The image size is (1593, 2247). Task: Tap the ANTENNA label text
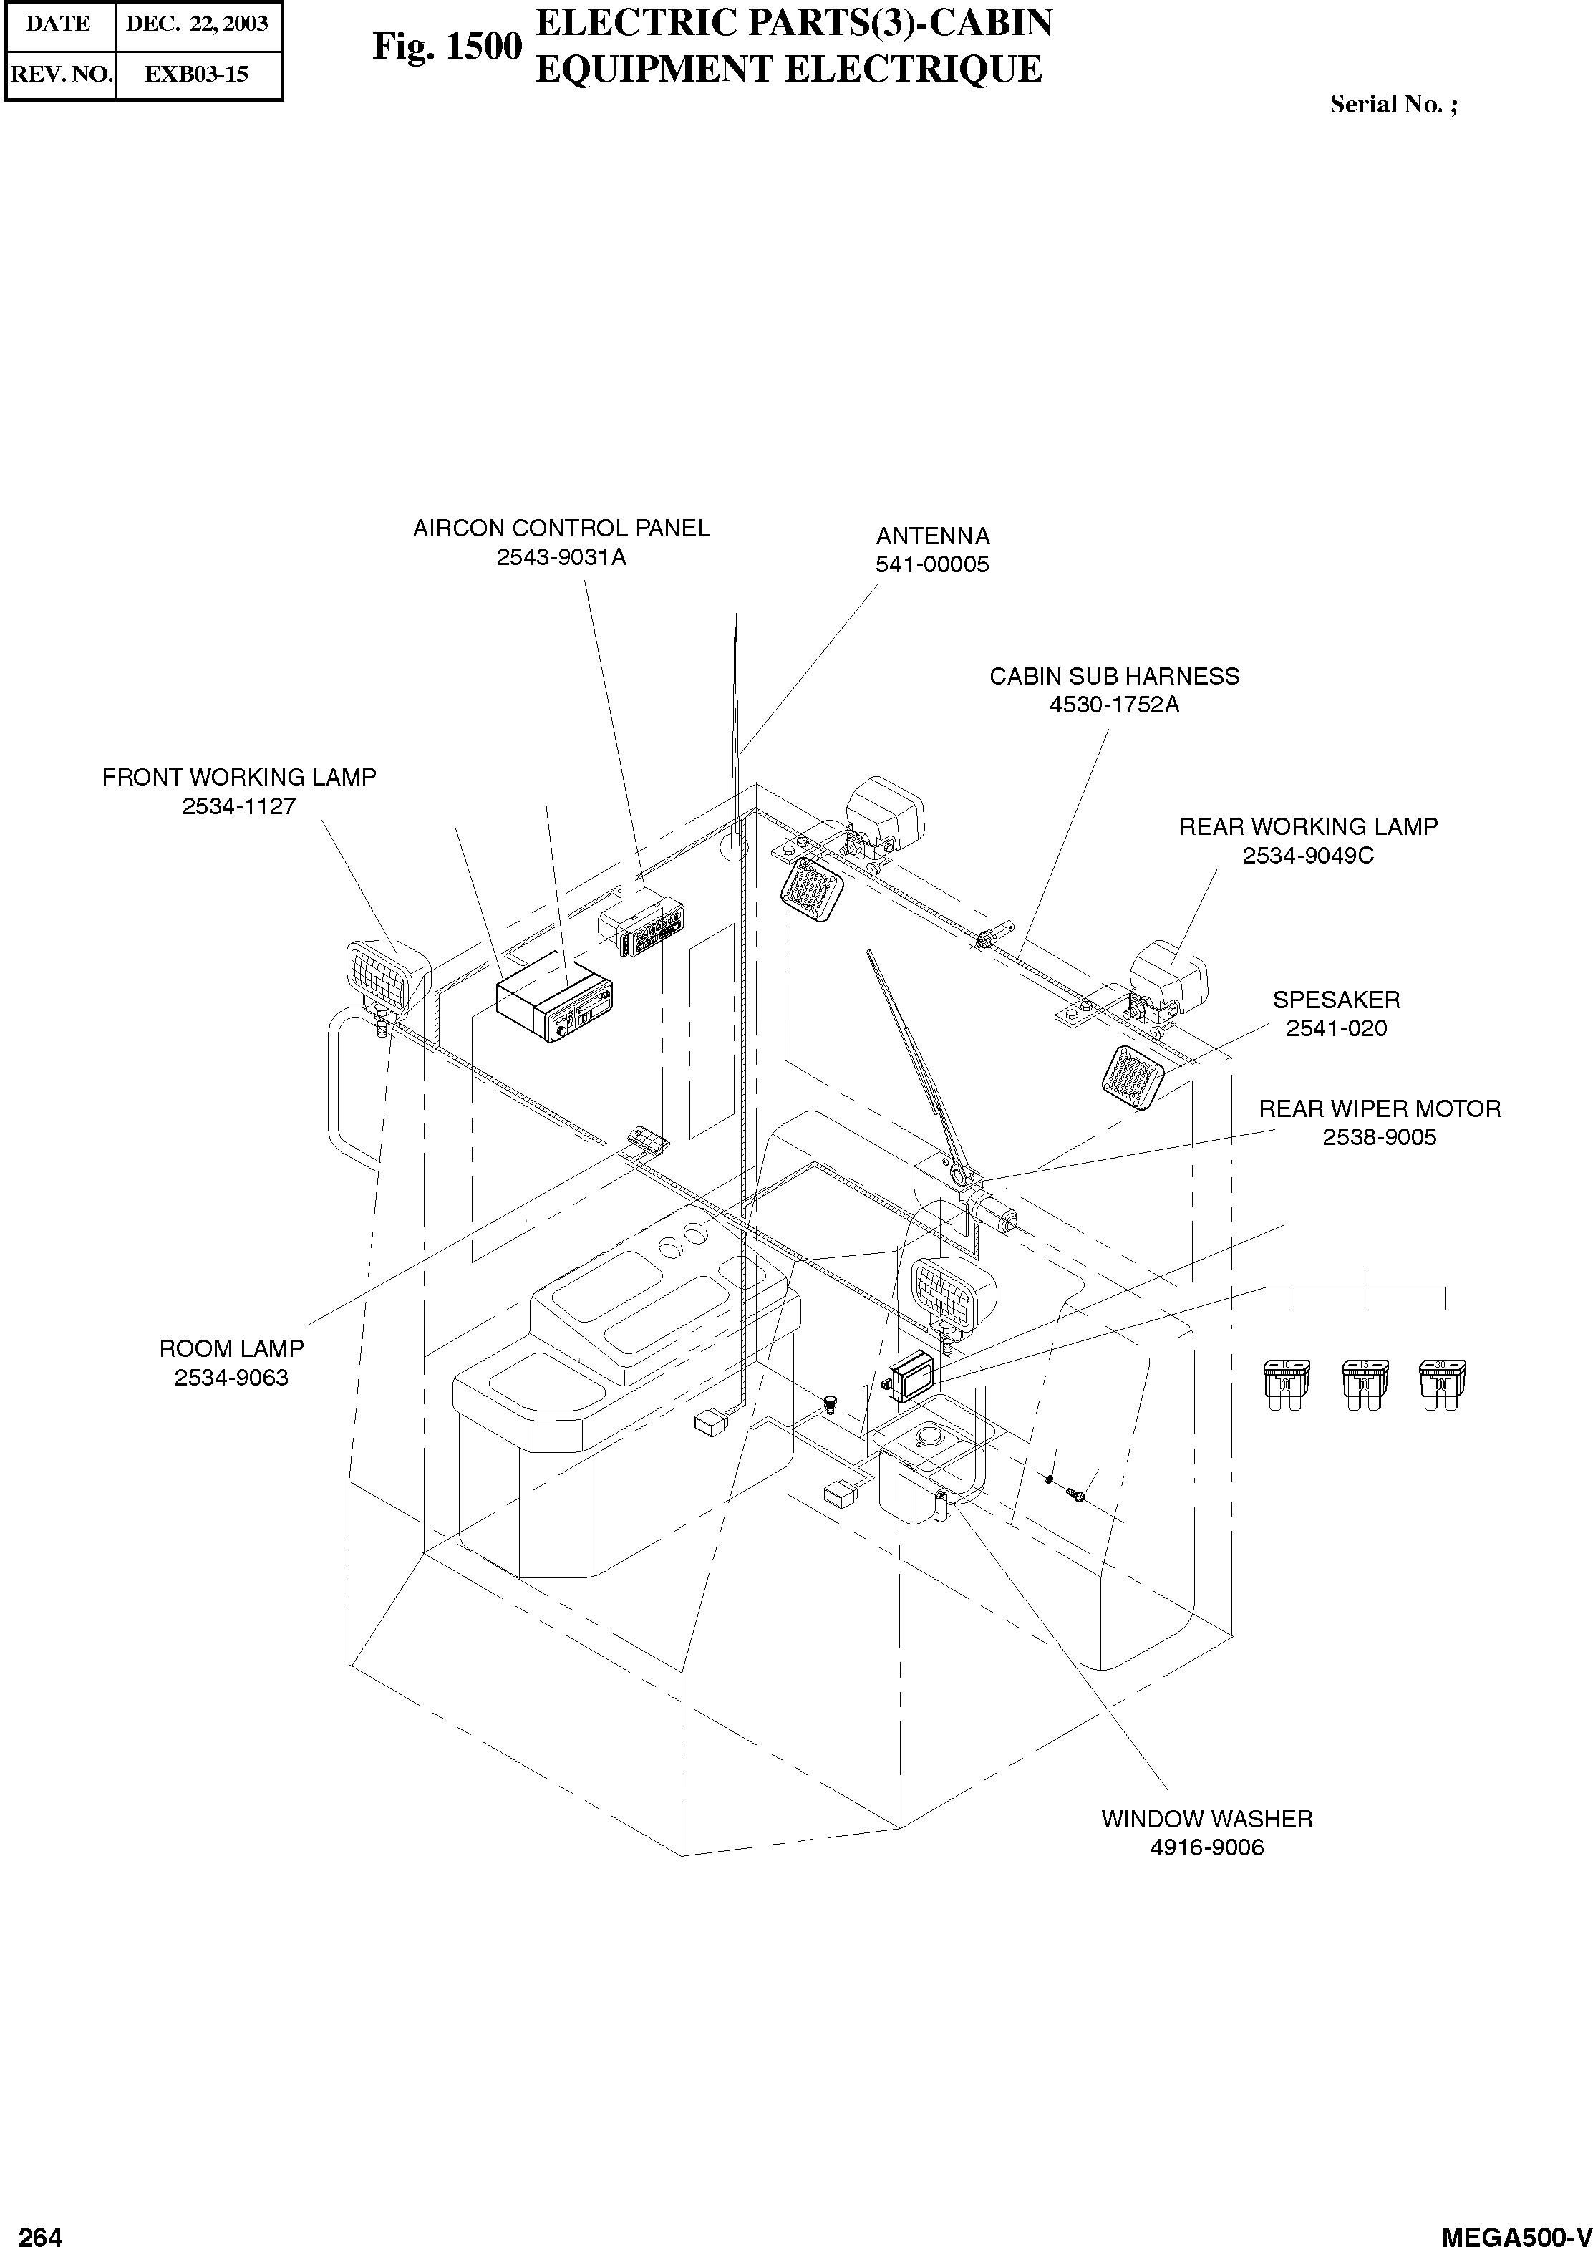click(932, 536)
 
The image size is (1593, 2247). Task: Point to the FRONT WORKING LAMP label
click(238, 777)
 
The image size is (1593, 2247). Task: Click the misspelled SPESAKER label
click(1336, 1000)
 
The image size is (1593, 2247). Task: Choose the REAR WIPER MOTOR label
click(1379, 1108)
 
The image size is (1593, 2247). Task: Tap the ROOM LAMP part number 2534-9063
click(231, 1377)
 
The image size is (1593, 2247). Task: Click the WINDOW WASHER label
click(1206, 1818)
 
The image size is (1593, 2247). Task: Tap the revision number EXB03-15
click(196, 74)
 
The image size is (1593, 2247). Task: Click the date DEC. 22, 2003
click(196, 24)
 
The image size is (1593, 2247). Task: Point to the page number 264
click(42, 2229)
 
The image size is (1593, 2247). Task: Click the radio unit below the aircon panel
click(555, 1010)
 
